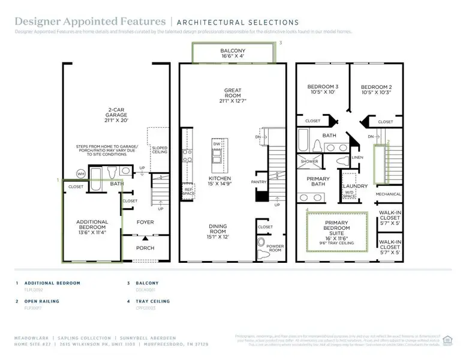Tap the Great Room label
point(232,95)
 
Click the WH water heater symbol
point(80,174)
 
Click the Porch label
point(145,248)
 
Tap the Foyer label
point(145,222)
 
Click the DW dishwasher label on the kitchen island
point(217,145)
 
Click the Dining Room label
point(218,230)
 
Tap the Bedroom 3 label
point(319,89)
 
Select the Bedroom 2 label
point(377,89)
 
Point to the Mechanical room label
point(388,194)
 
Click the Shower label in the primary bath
point(309,161)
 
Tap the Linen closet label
point(357,157)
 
